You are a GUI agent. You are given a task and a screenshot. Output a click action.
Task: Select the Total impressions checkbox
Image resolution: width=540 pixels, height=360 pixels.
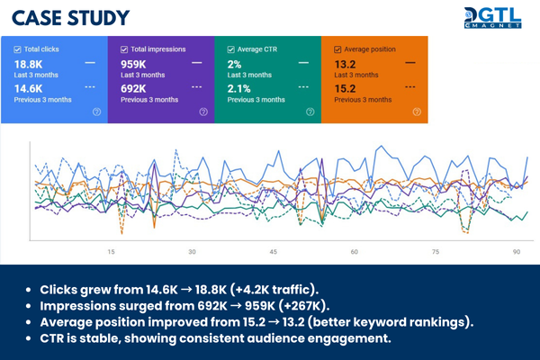125,48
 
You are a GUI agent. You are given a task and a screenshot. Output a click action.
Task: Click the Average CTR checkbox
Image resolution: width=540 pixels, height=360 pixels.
231,48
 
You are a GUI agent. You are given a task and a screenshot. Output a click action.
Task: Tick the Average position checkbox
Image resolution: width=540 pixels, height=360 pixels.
337,48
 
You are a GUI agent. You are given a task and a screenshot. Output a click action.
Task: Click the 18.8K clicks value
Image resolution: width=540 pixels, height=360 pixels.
28,64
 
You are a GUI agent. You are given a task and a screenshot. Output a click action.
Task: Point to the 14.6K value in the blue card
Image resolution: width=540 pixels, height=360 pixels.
28,89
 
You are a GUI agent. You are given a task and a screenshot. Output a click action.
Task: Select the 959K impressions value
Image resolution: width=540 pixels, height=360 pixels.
134,64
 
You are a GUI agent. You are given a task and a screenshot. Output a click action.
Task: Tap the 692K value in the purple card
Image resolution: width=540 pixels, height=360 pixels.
134,89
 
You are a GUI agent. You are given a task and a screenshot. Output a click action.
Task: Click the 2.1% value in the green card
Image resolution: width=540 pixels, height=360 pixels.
238,89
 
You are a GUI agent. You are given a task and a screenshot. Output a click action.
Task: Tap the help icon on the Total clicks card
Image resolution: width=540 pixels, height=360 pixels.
96,112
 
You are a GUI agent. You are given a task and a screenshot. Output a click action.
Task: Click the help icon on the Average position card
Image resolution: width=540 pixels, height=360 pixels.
416,112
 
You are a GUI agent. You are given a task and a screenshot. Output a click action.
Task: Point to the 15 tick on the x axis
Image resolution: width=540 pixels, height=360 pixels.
111,253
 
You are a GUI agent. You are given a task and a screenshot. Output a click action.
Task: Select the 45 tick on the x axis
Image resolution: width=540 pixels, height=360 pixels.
274,253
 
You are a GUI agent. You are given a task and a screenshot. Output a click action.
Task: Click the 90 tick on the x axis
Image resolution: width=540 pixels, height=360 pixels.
516,253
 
